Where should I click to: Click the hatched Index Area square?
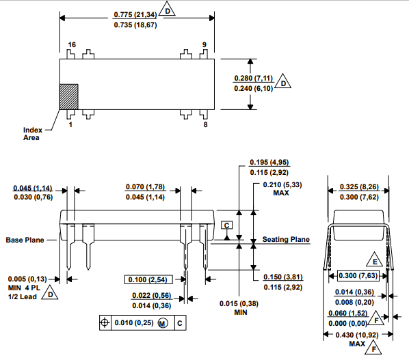tap(69, 96)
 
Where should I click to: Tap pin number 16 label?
tap(71, 45)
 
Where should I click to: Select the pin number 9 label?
tap(204, 45)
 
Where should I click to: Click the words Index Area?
tap(32, 134)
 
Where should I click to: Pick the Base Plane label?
tap(27, 240)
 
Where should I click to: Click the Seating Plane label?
tap(286, 240)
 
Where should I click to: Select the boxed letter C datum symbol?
tap(227, 225)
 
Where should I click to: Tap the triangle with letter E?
tap(375, 262)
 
